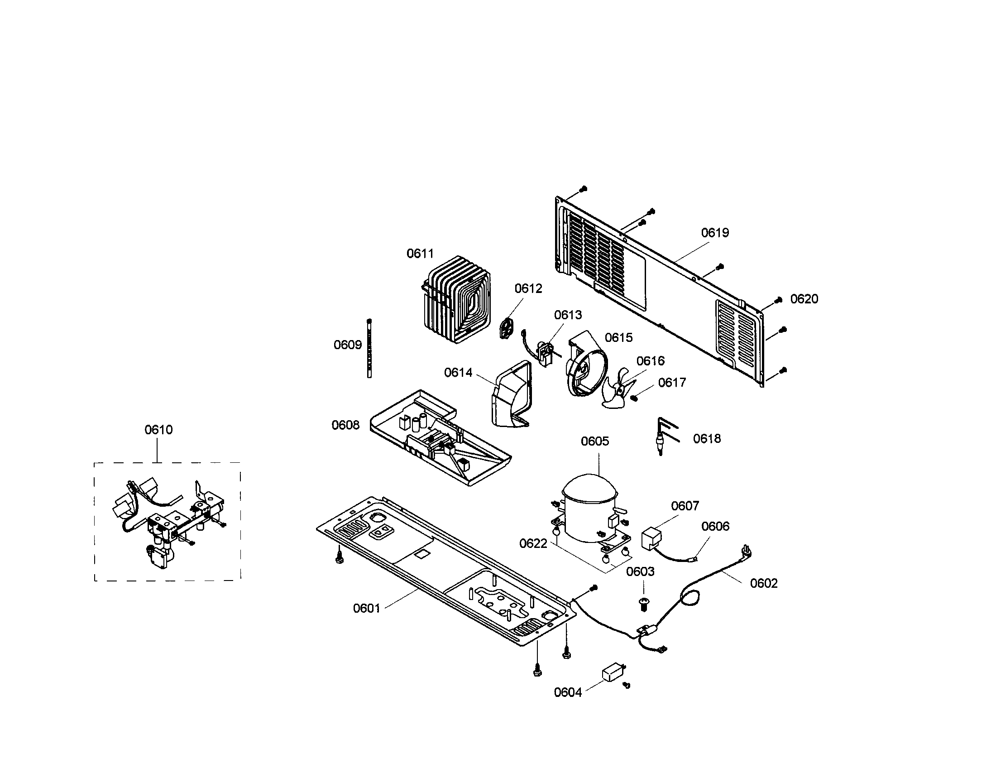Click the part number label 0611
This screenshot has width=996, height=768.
pos(420,254)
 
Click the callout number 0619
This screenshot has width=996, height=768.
pos(714,233)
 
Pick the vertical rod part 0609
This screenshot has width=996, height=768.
pos(369,348)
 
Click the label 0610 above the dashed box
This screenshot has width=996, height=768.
pos(158,430)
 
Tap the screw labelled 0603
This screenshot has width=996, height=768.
pos(645,605)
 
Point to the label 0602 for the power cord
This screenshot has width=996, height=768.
pos(763,583)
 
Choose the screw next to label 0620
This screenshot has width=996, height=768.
pos(779,300)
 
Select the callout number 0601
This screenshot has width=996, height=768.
pos(366,609)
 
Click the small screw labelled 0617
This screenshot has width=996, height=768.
pos(634,398)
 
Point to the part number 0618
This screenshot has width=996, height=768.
pos(706,439)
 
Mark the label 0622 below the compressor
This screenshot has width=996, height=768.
pos(533,543)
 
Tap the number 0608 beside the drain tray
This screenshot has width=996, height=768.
pos(345,425)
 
